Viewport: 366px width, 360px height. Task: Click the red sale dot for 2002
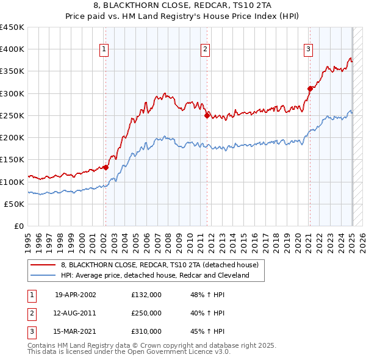tap(106, 167)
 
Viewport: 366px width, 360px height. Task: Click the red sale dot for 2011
tap(207, 115)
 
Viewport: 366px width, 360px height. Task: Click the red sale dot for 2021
tap(310, 88)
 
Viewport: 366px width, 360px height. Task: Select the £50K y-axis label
tap(14, 204)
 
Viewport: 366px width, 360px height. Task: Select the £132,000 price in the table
tap(146, 295)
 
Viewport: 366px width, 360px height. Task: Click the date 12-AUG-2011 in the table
tap(76, 313)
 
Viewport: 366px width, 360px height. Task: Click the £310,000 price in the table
tap(146, 331)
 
